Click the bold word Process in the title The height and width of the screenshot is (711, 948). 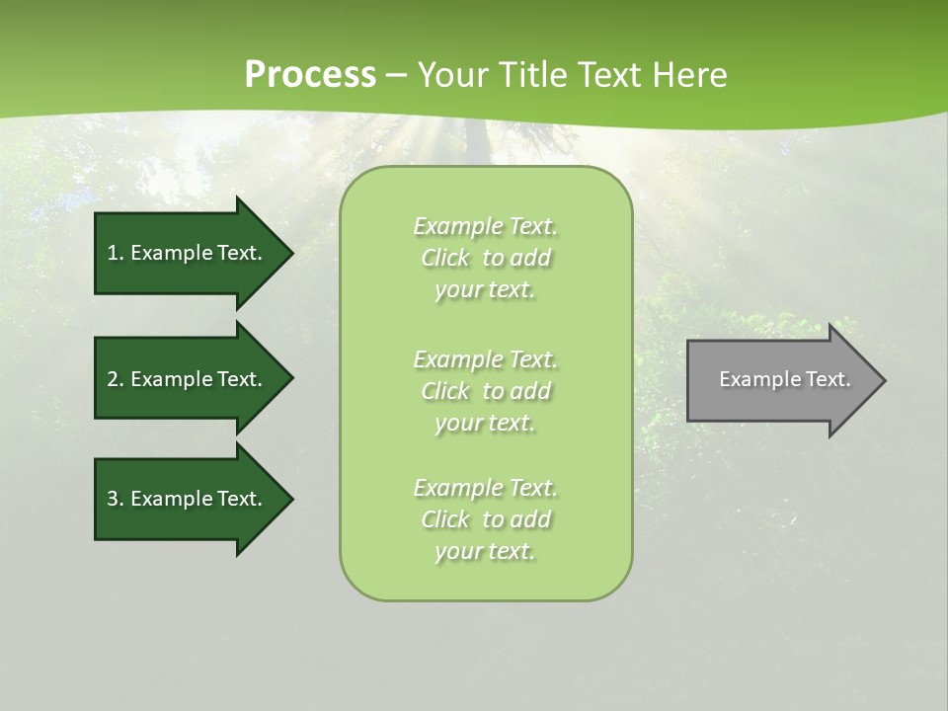(x=310, y=74)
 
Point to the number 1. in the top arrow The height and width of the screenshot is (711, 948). (x=116, y=253)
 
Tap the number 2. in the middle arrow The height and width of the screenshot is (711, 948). (x=116, y=379)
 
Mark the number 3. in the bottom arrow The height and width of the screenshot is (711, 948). (x=116, y=499)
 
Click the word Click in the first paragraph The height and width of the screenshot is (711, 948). (x=445, y=259)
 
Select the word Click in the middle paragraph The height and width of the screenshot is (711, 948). (x=445, y=391)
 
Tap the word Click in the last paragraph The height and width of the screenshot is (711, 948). (x=445, y=520)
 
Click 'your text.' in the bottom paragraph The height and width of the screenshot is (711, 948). (x=485, y=552)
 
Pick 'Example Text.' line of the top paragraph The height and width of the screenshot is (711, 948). (x=485, y=227)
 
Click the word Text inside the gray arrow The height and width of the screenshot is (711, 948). (x=828, y=379)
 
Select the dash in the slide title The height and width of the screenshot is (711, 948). (x=397, y=75)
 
